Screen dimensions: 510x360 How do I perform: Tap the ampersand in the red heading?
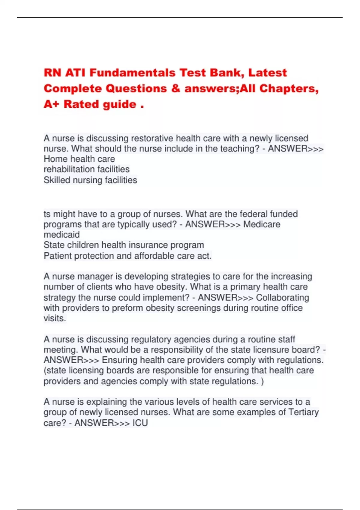click(175, 89)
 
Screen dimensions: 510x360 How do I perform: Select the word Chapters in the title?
click(289, 89)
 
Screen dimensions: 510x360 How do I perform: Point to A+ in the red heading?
click(51, 104)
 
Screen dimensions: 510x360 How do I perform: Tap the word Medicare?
click(262, 224)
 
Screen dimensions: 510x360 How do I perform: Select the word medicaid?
click(62, 235)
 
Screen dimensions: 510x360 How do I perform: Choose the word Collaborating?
click(282, 298)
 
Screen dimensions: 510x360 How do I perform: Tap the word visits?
click(55, 318)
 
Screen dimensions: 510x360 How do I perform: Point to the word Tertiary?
click(303, 412)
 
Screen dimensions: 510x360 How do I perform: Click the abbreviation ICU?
click(140, 423)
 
